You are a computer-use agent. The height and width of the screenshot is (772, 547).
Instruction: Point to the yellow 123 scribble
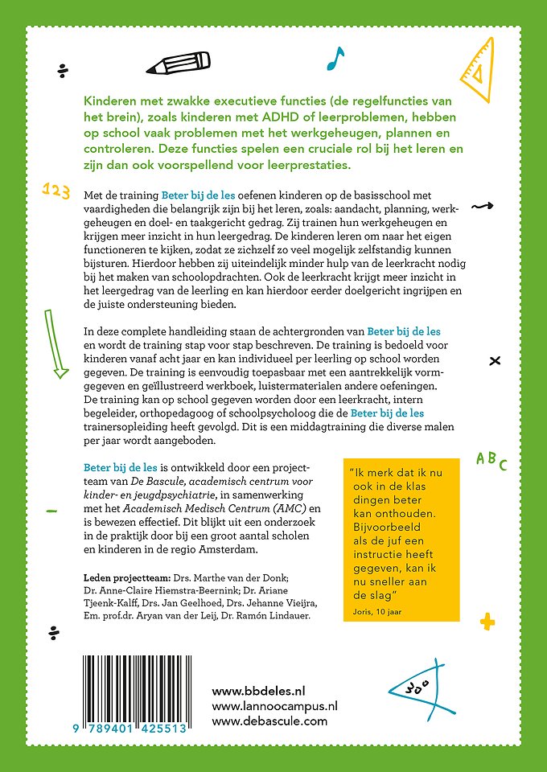[54, 189]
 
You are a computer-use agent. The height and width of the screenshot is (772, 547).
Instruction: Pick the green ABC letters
[491, 461]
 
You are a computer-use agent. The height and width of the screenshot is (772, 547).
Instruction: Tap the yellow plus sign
[486, 622]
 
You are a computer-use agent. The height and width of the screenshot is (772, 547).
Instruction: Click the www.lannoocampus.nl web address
[274, 705]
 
